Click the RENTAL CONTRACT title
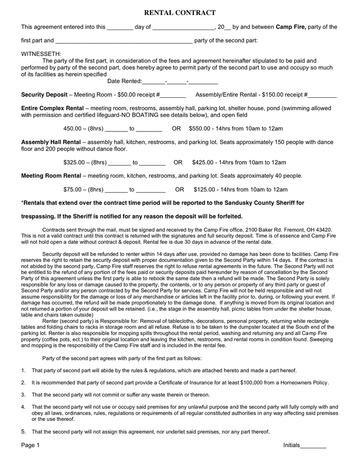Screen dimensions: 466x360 (x=179, y=12)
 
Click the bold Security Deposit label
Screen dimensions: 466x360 (x=44, y=95)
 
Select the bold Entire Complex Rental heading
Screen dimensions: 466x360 (x=54, y=108)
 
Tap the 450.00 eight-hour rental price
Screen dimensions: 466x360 (x=72, y=128)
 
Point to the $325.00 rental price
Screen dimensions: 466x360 (x=74, y=163)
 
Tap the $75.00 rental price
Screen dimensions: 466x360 (x=72, y=190)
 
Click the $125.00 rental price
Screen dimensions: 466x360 (x=204, y=190)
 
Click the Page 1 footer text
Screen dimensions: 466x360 (x=30, y=445)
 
